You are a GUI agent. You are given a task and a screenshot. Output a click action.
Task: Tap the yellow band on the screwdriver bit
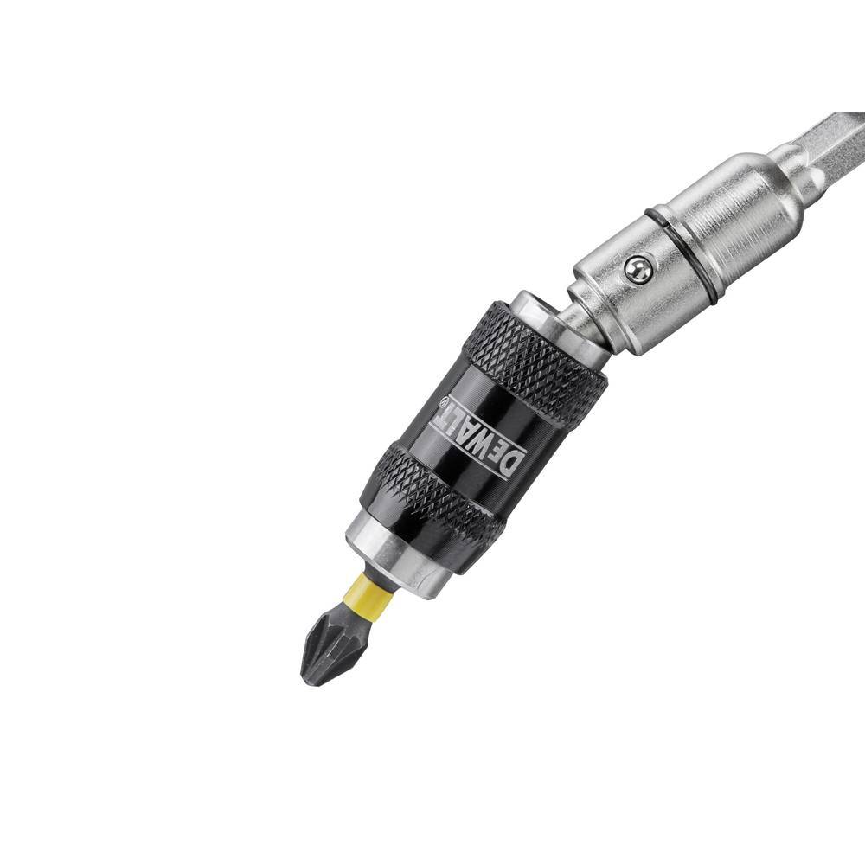point(366,595)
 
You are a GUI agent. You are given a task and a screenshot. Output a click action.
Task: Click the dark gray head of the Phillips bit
point(333,644)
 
